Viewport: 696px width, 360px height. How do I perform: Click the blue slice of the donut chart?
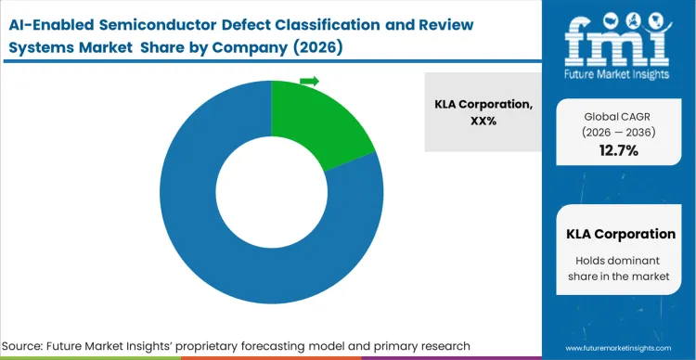pyautogui.click(x=232, y=251)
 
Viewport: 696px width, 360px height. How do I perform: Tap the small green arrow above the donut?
pyautogui.click(x=309, y=82)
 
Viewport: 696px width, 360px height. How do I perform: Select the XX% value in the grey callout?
pyautogui.click(x=483, y=121)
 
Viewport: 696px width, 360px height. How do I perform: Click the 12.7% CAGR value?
pyautogui.click(x=617, y=151)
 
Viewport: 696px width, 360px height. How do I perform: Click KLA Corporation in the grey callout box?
pyautogui.click(x=483, y=104)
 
